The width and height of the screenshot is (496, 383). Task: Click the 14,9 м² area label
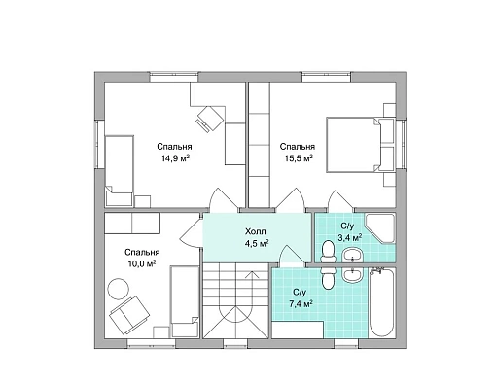click(x=175, y=158)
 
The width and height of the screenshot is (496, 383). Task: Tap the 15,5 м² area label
click(x=299, y=158)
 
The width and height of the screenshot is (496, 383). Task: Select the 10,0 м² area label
click(x=142, y=264)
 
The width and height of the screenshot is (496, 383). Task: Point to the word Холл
click(x=256, y=231)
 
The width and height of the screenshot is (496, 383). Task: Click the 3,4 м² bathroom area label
click(x=350, y=238)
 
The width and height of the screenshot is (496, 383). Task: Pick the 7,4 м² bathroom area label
click(x=301, y=304)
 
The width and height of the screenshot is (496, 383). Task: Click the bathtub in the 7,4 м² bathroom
click(x=382, y=303)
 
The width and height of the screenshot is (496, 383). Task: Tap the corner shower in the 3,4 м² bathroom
click(x=380, y=227)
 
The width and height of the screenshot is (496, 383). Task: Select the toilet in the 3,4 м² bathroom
click(x=328, y=251)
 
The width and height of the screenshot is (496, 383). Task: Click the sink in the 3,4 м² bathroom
click(x=353, y=255)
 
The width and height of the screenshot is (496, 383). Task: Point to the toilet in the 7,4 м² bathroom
click(x=329, y=277)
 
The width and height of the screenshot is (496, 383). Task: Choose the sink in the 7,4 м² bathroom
click(x=353, y=275)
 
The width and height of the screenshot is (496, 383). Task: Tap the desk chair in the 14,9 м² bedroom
click(x=209, y=119)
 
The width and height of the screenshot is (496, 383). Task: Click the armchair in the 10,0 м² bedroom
click(x=129, y=315)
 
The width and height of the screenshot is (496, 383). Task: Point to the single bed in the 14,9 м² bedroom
click(x=120, y=171)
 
